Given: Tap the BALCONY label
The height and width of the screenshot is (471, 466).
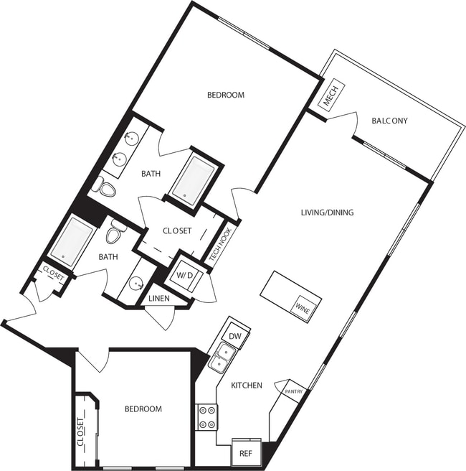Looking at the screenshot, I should click(389, 121).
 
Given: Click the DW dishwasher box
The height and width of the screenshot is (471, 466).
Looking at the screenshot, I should click(234, 335).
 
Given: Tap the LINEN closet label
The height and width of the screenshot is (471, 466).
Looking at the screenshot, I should click(158, 298).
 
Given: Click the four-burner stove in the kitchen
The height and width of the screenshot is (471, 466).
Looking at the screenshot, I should click(207, 417).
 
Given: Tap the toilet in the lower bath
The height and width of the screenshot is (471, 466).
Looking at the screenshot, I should click(116, 232).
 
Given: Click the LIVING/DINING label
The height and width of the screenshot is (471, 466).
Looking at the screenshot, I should click(327, 213).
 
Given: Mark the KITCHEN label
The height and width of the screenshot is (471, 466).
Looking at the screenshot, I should click(246, 386).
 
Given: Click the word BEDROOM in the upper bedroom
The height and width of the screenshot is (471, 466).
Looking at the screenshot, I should click(226, 95).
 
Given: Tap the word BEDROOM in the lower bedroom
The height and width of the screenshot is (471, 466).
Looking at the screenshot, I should click(143, 409).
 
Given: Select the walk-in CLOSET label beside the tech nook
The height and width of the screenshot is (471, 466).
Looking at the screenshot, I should click(176, 230).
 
